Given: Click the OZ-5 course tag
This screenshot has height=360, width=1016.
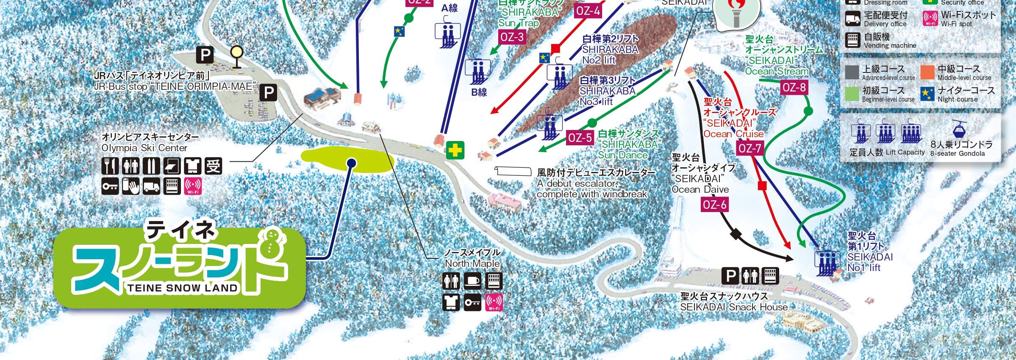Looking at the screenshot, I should click(x=580, y=138).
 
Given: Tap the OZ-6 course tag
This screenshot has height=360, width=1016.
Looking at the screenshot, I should click(x=714, y=205).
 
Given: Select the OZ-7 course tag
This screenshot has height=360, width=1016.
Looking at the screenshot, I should click(x=750, y=148).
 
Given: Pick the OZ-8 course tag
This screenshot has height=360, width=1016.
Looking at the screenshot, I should click(x=794, y=88).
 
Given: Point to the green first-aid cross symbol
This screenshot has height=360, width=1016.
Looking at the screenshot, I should click(x=455, y=150).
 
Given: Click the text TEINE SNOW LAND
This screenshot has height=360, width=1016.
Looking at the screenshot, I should click(x=183, y=288).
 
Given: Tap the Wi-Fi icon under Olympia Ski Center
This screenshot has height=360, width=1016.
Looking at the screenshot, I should click(x=193, y=186).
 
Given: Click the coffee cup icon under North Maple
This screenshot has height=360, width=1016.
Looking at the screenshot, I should click(x=472, y=281).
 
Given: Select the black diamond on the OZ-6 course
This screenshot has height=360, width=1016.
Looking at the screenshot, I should click(x=735, y=233).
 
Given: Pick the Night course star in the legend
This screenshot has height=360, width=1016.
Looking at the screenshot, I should click(x=928, y=94).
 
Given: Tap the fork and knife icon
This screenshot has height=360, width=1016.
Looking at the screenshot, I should click(x=110, y=166).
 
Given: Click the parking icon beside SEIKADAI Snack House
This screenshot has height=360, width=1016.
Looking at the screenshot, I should click(x=730, y=276).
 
